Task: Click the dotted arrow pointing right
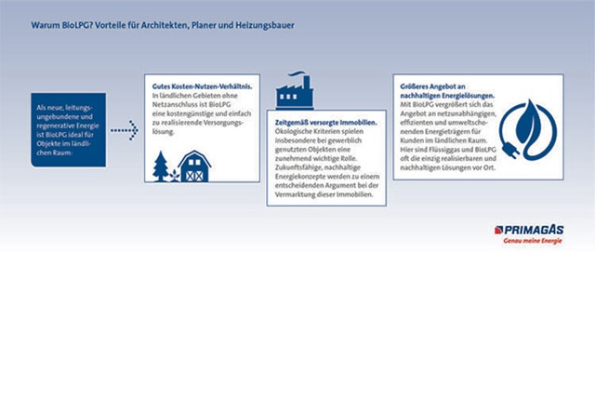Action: (x=124, y=131)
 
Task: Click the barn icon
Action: (x=193, y=166)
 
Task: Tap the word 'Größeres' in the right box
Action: (x=415, y=86)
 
